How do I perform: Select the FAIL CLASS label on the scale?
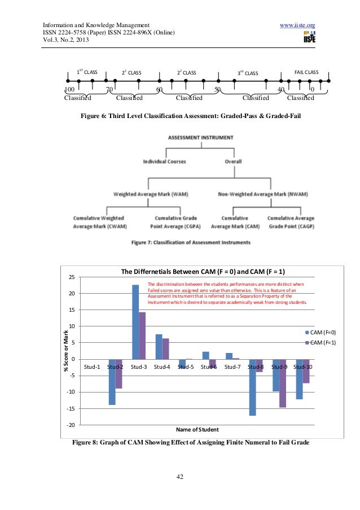[x=306, y=73]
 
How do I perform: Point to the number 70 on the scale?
[x=109, y=89]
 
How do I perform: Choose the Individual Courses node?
[x=164, y=162]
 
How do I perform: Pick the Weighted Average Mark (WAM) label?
[x=151, y=194]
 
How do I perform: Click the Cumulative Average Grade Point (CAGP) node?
[x=291, y=221]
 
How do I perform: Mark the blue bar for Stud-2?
[x=112, y=382]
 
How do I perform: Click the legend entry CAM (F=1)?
[x=321, y=343]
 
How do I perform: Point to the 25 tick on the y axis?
[x=71, y=277]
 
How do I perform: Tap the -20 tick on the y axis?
[x=70, y=425]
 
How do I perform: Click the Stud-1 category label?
[x=92, y=367]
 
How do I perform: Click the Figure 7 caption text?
[x=191, y=242]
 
